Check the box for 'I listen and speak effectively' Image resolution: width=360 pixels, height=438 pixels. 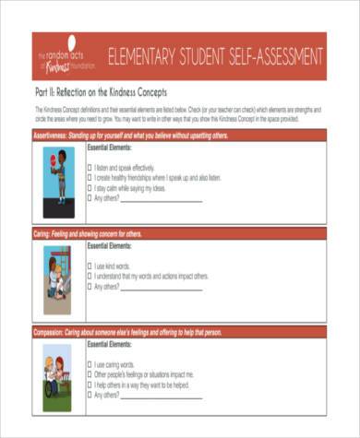[x=90, y=168]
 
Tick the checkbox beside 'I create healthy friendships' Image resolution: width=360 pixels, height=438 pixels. [x=90, y=178]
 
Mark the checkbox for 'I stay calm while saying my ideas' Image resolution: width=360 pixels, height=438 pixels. [x=90, y=188]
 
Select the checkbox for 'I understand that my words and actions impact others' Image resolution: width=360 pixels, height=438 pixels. [x=90, y=276]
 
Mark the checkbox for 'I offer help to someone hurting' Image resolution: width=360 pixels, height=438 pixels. [x=90, y=384]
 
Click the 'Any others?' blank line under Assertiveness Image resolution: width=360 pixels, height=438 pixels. [x=162, y=199]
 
